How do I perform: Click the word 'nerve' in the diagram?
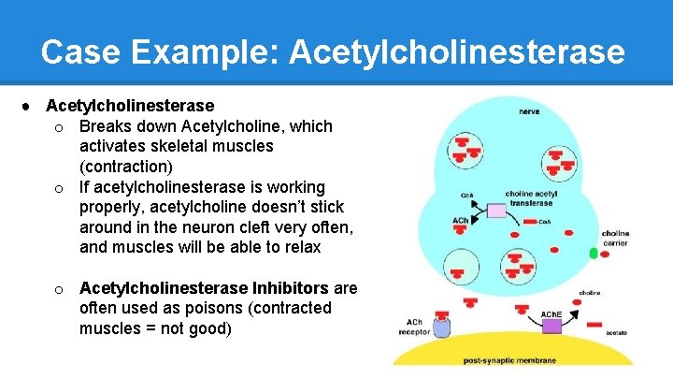click(x=529, y=111)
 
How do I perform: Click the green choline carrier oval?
click(x=593, y=253)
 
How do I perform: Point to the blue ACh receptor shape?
click(x=440, y=328)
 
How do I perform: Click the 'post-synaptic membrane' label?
click(x=513, y=360)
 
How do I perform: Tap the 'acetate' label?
click(x=616, y=333)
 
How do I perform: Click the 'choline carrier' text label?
click(x=615, y=239)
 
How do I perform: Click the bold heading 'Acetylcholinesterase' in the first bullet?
click(x=130, y=106)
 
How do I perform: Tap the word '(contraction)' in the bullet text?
click(x=126, y=167)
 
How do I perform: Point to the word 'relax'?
click(x=301, y=248)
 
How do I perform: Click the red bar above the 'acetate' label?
click(x=594, y=323)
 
